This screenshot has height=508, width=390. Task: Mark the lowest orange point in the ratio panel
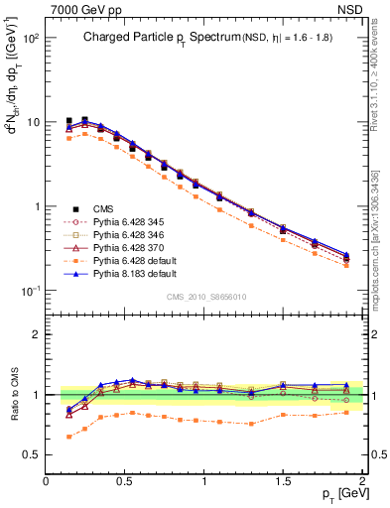[68, 437]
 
